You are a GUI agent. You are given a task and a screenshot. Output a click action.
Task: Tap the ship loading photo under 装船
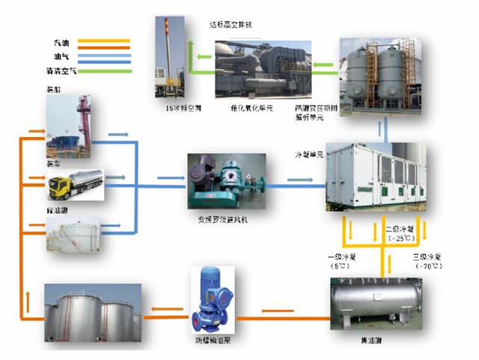73,123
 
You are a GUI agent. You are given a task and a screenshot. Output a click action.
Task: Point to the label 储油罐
56,212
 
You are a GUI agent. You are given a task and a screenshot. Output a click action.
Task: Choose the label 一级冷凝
344,257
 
